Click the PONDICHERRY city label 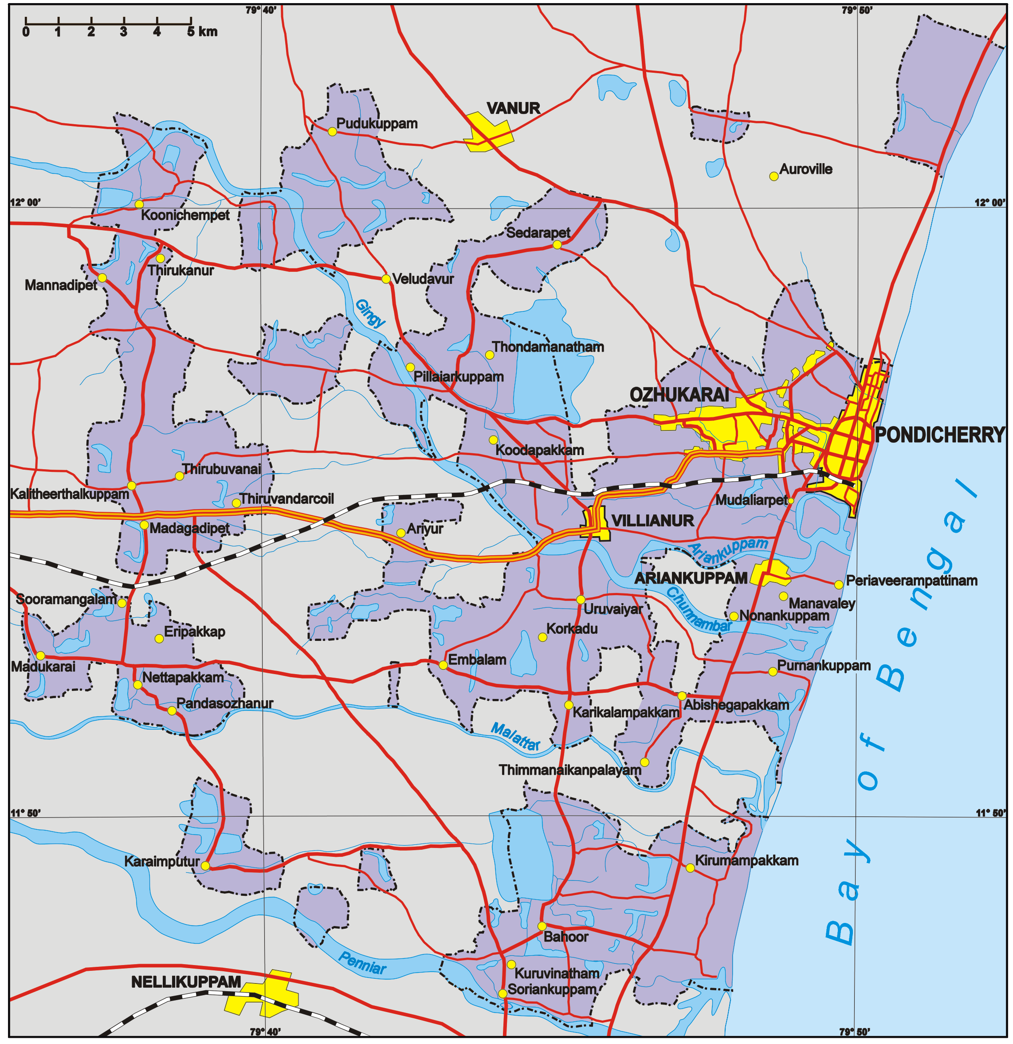[939, 435]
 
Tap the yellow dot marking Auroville [774, 177]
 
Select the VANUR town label [514, 109]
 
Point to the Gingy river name [369, 314]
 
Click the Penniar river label [362, 963]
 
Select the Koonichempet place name [185, 215]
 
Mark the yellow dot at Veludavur [386, 279]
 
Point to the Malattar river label [515, 737]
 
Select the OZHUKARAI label [679, 395]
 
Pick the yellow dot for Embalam [443, 665]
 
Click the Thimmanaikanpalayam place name [570, 770]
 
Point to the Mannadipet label [61, 286]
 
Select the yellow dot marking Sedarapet [557, 244]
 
